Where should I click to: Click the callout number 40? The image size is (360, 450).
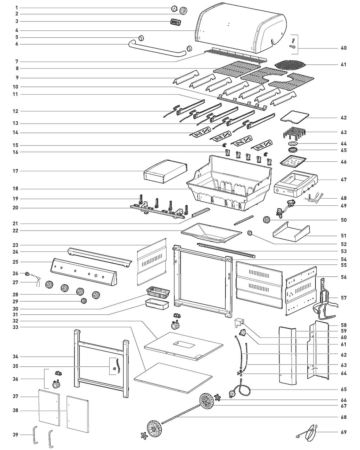tap(343, 48)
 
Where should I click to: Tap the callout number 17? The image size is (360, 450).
tap(15, 171)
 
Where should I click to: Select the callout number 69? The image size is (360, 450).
tap(343, 432)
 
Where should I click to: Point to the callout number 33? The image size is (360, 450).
tap(15, 327)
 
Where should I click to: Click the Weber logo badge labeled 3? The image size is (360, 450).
tap(175, 22)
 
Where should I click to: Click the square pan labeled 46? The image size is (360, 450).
tap(293, 161)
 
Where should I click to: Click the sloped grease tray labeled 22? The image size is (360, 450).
tap(212, 233)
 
